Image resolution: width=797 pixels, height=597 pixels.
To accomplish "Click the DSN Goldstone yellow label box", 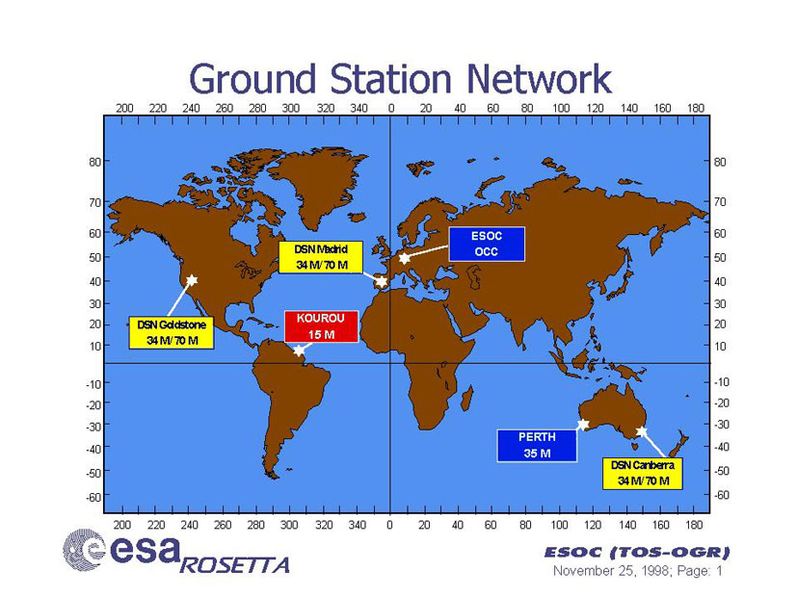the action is tap(172, 333).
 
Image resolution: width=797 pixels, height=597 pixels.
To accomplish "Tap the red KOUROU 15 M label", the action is tap(321, 326).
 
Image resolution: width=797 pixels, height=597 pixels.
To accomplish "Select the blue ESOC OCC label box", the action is tap(487, 245).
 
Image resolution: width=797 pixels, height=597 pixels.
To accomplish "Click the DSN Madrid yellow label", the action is tap(321, 257).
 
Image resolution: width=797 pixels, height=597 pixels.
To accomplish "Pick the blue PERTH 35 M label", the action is tap(537, 445).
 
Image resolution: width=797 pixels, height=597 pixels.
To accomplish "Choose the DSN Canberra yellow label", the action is tap(642, 473).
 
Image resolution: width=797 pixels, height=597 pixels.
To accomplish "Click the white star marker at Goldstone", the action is tap(192, 280).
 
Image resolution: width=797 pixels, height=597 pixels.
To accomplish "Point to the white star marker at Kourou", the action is tap(299, 350).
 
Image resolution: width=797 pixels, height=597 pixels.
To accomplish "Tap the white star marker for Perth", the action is tap(583, 425).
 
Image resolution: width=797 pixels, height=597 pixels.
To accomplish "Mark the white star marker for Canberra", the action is tap(642, 432).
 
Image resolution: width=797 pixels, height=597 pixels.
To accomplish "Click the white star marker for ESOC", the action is tap(404, 258).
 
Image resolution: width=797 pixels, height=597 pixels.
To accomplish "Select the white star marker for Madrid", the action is tap(382, 281).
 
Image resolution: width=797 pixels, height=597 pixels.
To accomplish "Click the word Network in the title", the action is tap(539, 79).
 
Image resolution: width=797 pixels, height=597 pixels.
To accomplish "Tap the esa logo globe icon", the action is tap(83, 549).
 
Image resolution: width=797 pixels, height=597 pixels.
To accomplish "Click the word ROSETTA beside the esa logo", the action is tap(234, 565).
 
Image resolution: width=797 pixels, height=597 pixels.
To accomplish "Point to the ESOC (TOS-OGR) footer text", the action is tap(637, 552).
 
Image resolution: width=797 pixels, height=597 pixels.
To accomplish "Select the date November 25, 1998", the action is tap(610, 571).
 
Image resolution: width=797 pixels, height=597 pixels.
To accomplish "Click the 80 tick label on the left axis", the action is tap(95, 162).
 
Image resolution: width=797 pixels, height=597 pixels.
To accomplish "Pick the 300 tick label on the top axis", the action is tap(291, 108).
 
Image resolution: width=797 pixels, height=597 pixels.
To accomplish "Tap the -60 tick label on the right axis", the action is tap(721, 495).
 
